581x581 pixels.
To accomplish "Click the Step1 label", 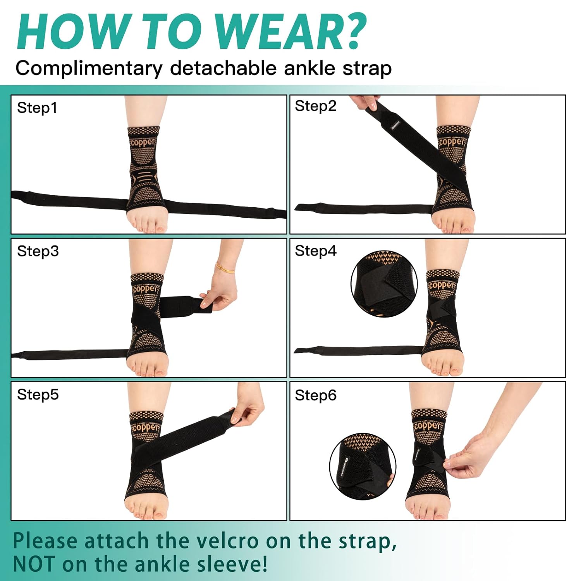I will (37, 108).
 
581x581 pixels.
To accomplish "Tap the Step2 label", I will (315, 106).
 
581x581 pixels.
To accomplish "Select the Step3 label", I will (38, 251).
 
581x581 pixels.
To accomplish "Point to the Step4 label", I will (315, 251).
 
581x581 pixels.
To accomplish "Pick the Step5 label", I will (38, 394).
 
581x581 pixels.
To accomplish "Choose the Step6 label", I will (315, 395).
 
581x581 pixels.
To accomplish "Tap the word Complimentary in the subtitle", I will (89, 69).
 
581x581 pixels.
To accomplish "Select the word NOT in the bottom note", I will (34, 564).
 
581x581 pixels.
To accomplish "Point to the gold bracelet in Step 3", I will (225, 267).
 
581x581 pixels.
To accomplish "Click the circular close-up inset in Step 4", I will (384, 284).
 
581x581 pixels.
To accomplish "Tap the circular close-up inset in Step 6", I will (363, 466).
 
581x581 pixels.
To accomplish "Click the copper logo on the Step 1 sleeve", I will (143, 142).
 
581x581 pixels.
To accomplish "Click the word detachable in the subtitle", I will (223, 69).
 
